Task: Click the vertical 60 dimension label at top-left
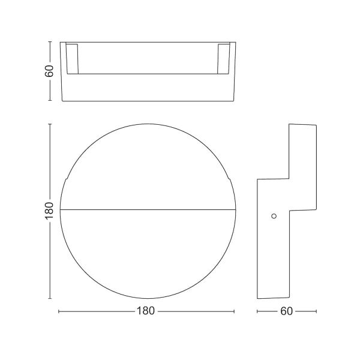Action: pos(49,71)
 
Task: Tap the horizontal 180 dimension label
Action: pos(146,311)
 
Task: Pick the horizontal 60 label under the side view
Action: pos(286,311)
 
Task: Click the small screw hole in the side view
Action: pos(274,215)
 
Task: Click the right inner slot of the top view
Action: pos(224,58)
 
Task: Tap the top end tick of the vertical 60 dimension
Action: pos(49,42)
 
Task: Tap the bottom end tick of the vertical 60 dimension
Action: pos(49,101)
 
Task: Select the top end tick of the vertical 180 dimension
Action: pos(49,124)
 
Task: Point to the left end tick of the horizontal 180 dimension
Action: pos(59,311)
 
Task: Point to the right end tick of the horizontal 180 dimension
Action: pos(234,311)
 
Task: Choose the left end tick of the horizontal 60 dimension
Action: pos(257,311)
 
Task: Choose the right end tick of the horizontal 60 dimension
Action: pos(316,311)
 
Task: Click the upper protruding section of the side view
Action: pos(302,165)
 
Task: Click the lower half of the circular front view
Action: pos(147,255)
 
